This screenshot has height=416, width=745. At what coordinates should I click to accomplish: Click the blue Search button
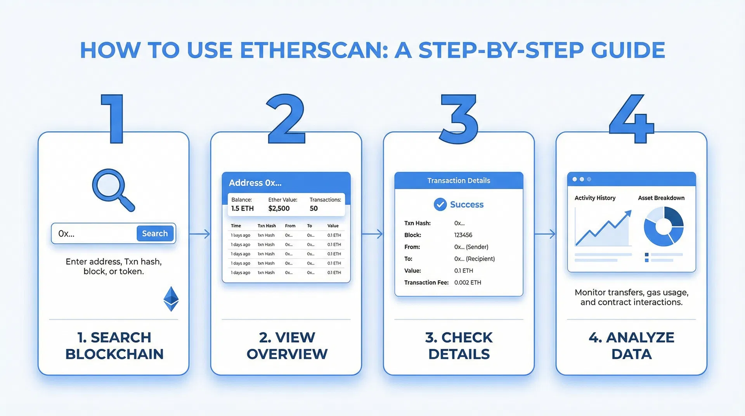click(x=155, y=233)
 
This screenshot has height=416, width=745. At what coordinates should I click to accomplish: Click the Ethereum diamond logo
click(x=171, y=299)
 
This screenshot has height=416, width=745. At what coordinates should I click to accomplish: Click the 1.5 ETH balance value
click(x=242, y=208)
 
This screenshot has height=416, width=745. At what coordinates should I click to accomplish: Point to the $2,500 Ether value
click(x=279, y=208)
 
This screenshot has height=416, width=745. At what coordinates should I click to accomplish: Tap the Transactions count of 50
click(x=314, y=208)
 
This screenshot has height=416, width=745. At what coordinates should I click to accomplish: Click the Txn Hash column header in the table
click(x=267, y=226)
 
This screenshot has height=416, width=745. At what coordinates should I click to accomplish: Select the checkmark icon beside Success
click(x=440, y=204)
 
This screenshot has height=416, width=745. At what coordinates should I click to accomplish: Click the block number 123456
click(x=463, y=235)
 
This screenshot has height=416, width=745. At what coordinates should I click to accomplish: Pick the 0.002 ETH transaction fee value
click(x=468, y=283)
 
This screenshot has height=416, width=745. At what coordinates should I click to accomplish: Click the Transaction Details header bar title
click(x=459, y=180)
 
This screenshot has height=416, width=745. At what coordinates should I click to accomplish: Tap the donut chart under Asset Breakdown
click(x=664, y=227)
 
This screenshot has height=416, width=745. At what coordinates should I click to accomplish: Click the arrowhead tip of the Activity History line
click(x=629, y=212)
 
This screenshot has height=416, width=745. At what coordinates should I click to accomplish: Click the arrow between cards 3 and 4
click(x=545, y=234)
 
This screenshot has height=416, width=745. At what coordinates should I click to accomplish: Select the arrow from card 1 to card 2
click(x=200, y=234)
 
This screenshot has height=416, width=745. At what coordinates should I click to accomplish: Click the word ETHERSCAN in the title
click(x=314, y=50)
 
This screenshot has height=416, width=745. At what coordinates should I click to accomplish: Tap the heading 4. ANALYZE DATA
click(x=631, y=345)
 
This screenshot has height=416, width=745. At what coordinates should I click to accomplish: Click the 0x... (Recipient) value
click(x=474, y=259)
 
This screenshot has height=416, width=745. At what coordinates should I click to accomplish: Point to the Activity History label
click(x=595, y=198)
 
